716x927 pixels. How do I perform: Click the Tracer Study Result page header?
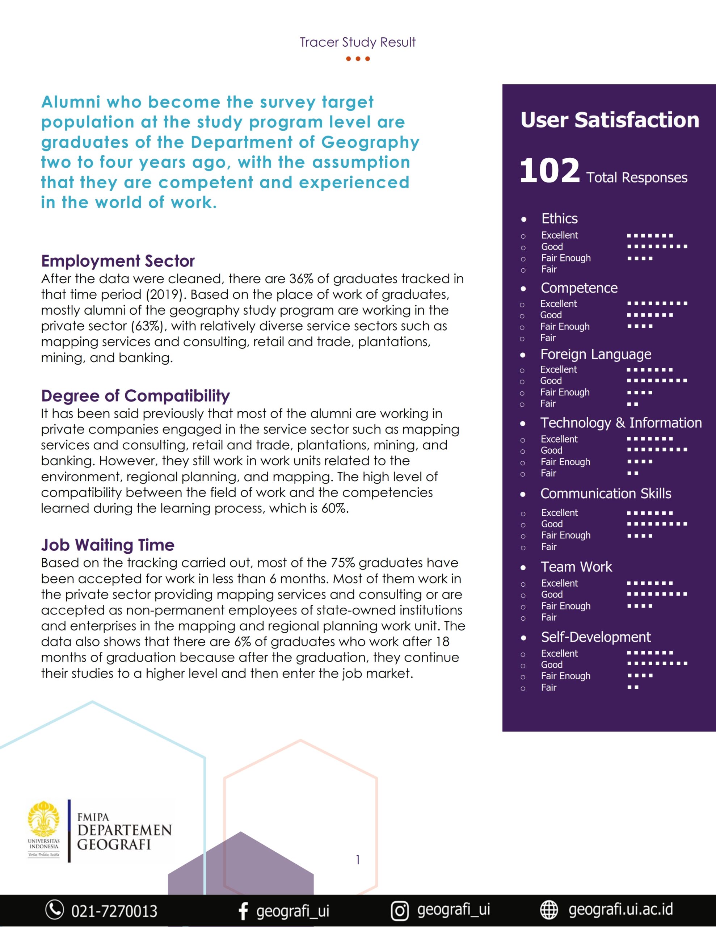point(357,42)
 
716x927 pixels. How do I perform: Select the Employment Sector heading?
point(118,261)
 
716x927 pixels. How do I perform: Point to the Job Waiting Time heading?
point(108,545)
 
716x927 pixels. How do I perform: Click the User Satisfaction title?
point(610,120)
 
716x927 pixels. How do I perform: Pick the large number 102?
point(549,171)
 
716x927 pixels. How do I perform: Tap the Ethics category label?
point(559,219)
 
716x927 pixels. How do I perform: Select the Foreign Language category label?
point(595,354)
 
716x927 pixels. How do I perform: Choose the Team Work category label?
point(576,567)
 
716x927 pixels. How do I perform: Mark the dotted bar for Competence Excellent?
point(657,303)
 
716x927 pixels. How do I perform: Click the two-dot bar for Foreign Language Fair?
point(632,404)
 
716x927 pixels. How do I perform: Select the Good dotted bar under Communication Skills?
point(657,524)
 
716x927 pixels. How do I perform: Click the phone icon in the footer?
point(55,910)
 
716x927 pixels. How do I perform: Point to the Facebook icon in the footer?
point(243,910)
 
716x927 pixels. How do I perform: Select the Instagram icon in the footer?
point(399,910)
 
